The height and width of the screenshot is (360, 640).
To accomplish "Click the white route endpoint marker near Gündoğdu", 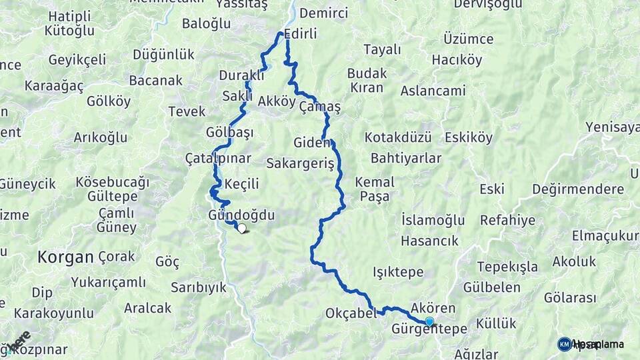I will click(241, 229).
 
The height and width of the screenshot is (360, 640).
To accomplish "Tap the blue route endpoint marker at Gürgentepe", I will click(429, 322).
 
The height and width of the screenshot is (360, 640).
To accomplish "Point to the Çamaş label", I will click(320, 107).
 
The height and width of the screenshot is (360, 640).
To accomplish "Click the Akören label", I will click(433, 308).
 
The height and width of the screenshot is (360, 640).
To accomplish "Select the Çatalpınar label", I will click(218, 159).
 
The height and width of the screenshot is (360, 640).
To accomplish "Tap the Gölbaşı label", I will click(230, 132).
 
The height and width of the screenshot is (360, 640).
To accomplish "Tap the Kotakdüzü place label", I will click(398, 137).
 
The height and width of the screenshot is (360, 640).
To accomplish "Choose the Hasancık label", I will click(430, 241).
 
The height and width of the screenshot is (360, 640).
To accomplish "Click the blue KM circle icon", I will click(565, 344).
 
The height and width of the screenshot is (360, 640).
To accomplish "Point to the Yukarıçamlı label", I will click(108, 282).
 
